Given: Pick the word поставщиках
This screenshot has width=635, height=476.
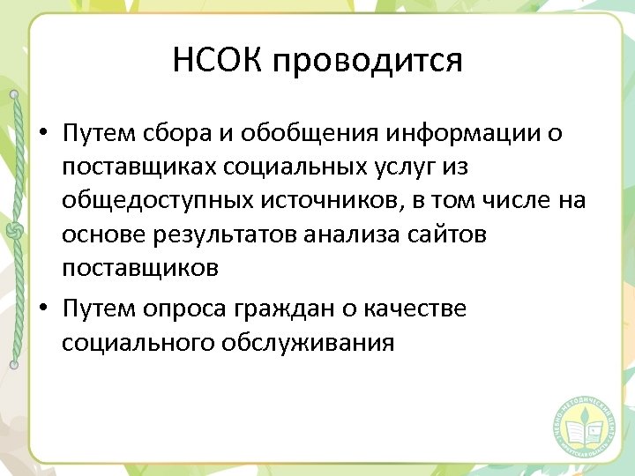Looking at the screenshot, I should click(134, 167).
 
